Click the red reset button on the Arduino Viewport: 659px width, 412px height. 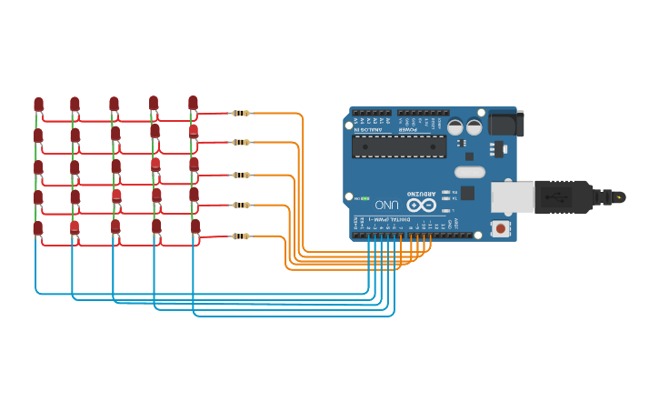pos(500,228)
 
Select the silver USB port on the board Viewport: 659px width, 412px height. pos(512,196)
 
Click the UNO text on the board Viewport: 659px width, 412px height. pos(387,205)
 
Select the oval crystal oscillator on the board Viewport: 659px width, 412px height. pos(470,172)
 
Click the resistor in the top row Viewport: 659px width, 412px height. pos(240,113)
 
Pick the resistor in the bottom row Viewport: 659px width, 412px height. pos(240,236)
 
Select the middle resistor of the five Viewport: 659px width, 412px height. pos(240,175)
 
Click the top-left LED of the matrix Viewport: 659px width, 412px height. pos(38,105)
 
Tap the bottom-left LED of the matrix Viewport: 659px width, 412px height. pos(38,228)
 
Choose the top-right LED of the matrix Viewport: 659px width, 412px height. pos(193,103)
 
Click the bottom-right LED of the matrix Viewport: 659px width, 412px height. pos(195,226)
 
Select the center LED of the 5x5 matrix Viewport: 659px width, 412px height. pos(115,166)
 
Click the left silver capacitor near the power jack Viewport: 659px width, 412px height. pos(454,128)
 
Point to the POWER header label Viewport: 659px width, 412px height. pos(406,130)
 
